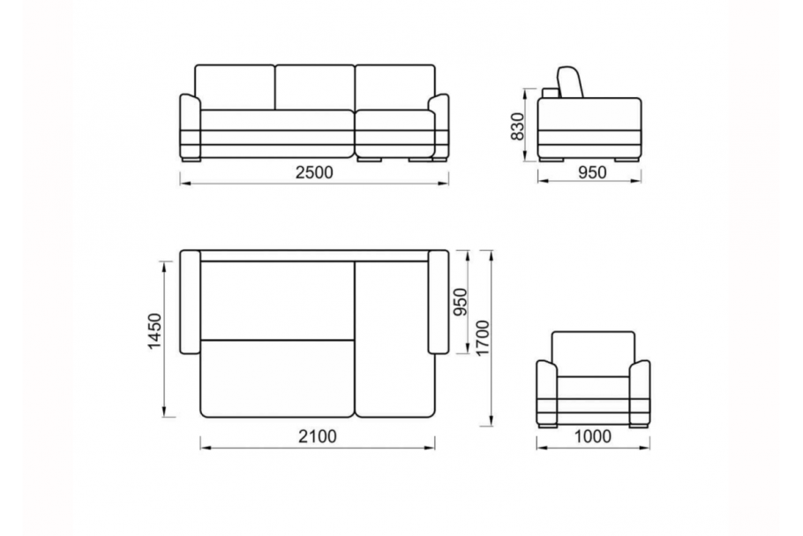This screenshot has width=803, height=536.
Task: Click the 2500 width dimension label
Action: [314, 172]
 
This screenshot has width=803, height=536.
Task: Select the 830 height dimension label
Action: [518, 126]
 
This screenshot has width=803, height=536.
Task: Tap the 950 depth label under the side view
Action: [592, 172]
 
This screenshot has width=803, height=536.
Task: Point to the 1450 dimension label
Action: [154, 331]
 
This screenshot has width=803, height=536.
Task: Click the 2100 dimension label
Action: [318, 436]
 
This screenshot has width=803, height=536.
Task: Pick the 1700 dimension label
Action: [483, 338]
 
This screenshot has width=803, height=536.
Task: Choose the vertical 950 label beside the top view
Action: [461, 302]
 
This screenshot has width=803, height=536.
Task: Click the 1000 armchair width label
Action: [592, 436]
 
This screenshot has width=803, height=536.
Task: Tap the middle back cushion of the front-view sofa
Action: [315, 87]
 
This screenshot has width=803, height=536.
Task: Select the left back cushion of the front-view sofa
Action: [235, 87]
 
